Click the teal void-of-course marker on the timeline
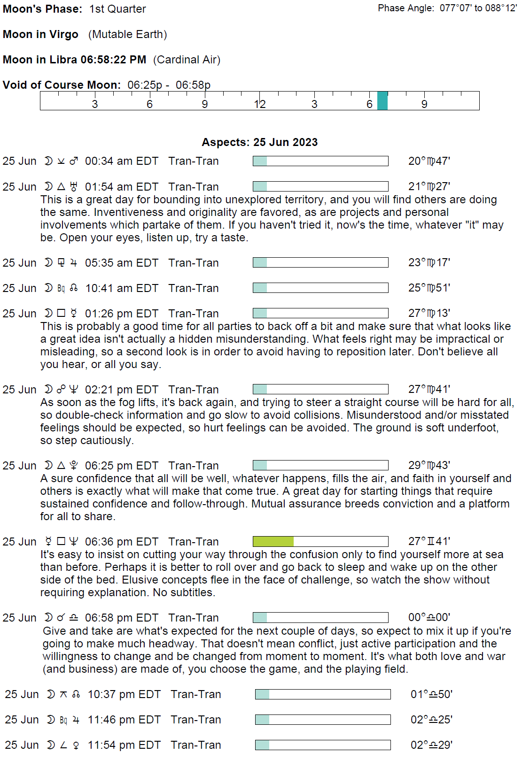tap(382, 100)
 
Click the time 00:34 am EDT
tap(121, 161)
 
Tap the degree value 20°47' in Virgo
tap(429, 161)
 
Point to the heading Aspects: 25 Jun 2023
tap(259, 142)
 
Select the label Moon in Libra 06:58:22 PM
tap(74, 60)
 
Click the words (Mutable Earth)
tap(127, 34)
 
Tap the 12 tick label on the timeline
tap(259, 104)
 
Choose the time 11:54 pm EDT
tap(124, 745)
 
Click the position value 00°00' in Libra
tap(429, 617)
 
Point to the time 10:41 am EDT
tap(121, 288)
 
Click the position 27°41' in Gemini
tap(429, 541)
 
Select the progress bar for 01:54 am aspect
tap(320, 186)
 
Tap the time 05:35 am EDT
tap(121, 262)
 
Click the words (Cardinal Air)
tap(187, 60)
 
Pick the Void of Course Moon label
tap(62, 85)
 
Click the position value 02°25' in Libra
tap(431, 720)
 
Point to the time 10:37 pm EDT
tap(124, 694)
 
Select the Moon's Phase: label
tap(42, 9)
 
